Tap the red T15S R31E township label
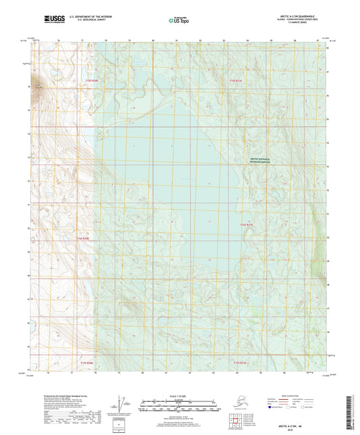[234, 80]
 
